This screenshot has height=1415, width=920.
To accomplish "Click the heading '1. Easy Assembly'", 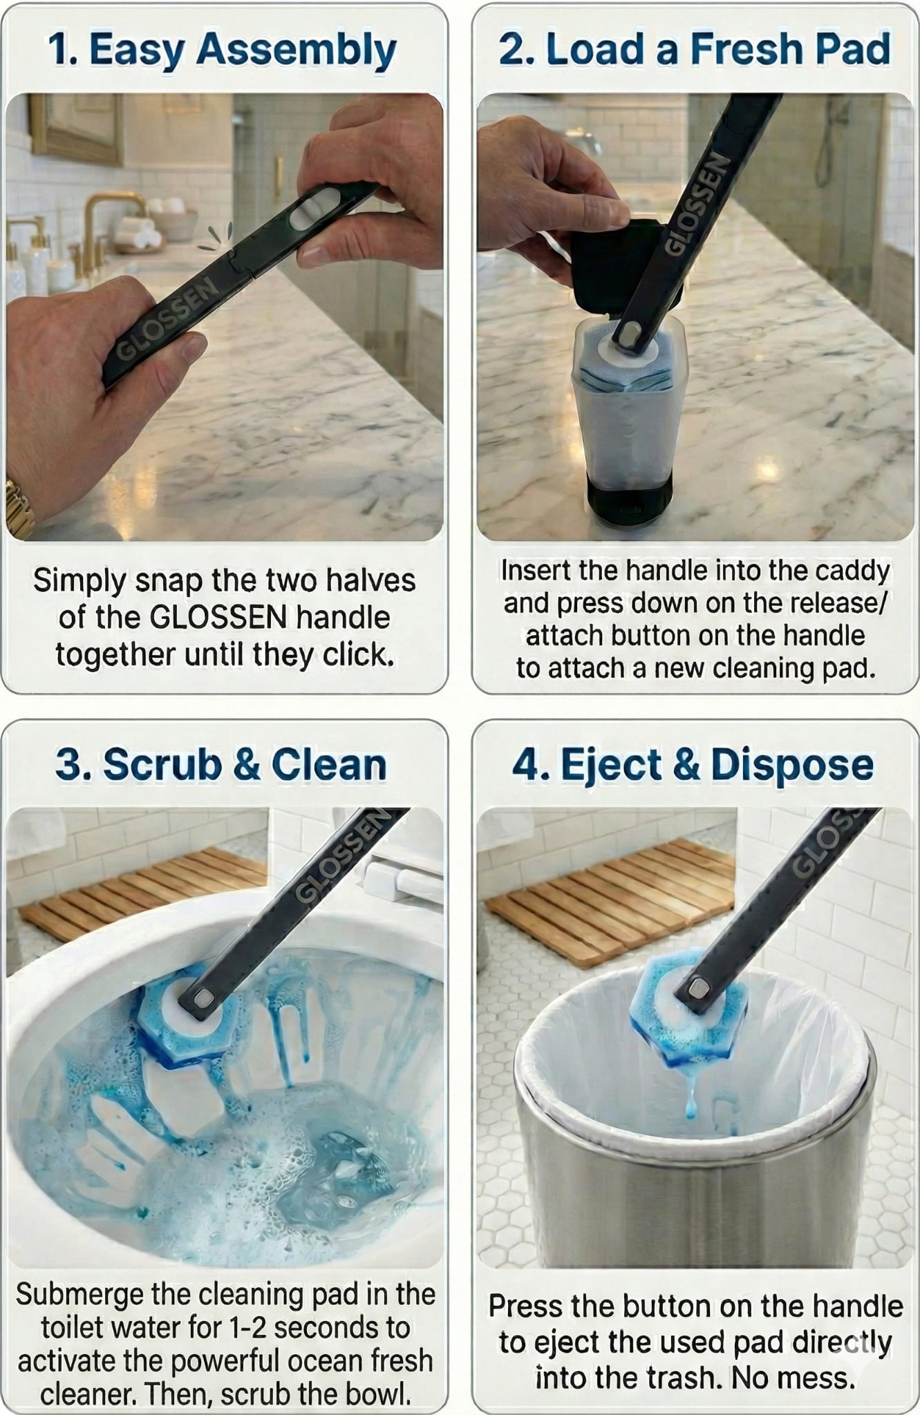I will (223, 50).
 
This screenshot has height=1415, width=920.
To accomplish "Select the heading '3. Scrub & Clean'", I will (221, 765).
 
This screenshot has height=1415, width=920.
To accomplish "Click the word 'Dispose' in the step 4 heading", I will (791, 765).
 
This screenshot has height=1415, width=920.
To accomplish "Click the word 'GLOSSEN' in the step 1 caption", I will (218, 617).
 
